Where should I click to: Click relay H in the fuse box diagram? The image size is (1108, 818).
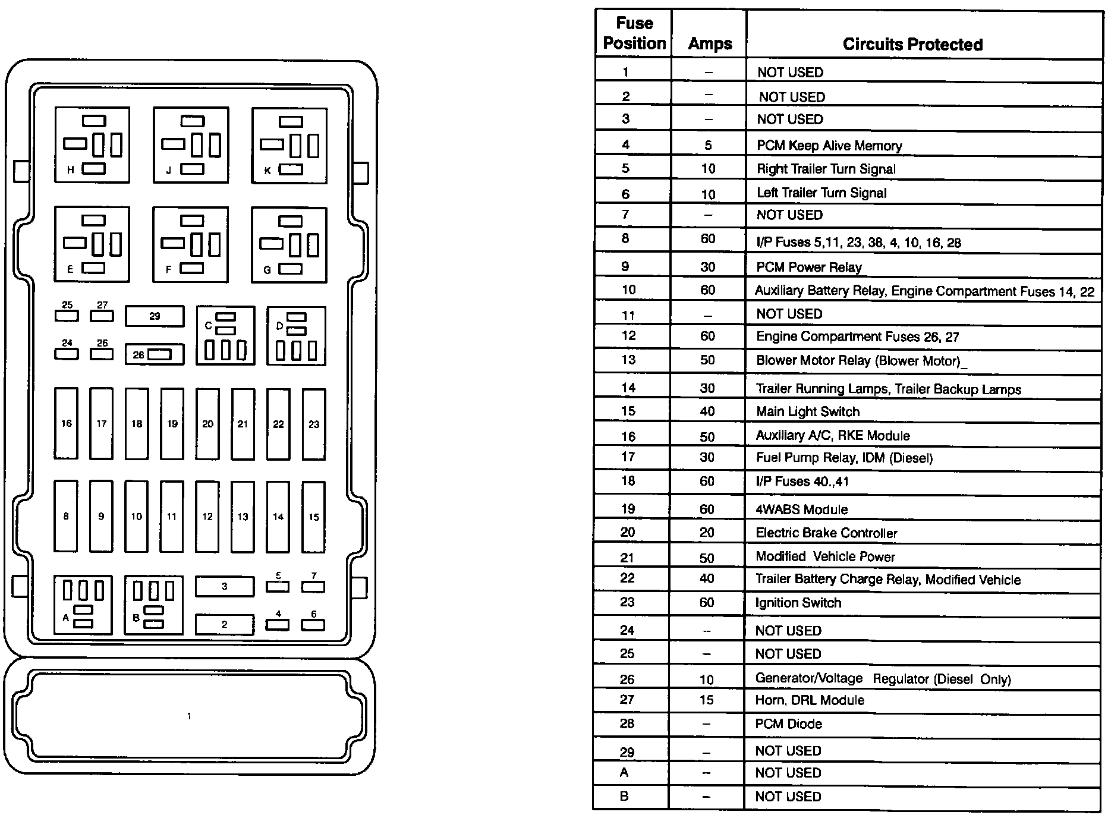pos(92,145)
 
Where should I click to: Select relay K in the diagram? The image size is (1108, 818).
pos(289,145)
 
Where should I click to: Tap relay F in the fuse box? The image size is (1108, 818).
pos(190,244)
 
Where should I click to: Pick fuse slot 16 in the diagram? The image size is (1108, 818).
pos(66,423)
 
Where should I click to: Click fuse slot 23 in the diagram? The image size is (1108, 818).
pos(314,424)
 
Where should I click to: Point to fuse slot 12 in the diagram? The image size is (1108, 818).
pos(207,516)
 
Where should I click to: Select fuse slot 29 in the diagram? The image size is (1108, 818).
pos(155,316)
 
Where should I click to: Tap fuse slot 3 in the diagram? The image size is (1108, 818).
pos(225,586)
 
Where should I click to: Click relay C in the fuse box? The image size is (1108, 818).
pos(225,336)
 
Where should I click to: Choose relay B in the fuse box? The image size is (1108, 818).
pos(153,605)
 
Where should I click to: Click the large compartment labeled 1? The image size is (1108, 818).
pos(189,716)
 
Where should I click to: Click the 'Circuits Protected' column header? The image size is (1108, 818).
pos(912,44)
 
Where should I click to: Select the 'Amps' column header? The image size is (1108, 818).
pos(710,43)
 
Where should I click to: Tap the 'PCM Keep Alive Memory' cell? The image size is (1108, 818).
pos(829,146)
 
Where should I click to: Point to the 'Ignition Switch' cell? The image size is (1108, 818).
pos(798,603)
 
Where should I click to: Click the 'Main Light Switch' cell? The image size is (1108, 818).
pos(808,411)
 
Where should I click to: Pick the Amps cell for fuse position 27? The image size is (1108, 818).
pos(707,700)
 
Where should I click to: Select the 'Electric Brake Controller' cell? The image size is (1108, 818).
pos(826,533)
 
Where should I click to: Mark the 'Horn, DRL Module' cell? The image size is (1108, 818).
pos(810,700)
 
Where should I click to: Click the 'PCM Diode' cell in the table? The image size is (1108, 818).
pos(789,724)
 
